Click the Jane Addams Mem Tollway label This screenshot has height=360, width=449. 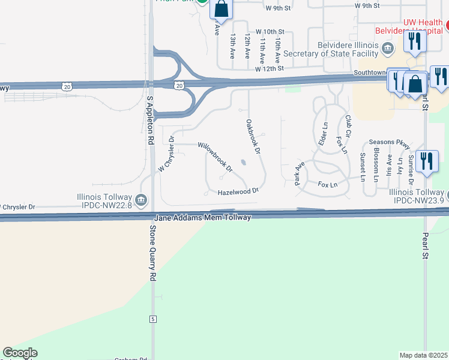(202, 217)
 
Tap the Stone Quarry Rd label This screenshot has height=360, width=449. (152, 253)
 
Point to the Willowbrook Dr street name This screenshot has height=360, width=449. (215, 157)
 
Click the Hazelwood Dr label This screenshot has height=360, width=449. (238, 191)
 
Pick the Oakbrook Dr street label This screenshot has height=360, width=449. (253, 137)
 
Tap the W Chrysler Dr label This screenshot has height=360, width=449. (166, 155)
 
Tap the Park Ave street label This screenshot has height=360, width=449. (300, 173)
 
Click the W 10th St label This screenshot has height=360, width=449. (269, 31)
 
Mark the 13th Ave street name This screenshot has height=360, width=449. (232, 46)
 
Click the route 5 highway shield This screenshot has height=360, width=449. (153, 319)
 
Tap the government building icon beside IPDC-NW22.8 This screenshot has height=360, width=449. (140, 199)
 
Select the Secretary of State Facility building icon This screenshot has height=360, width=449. (388, 48)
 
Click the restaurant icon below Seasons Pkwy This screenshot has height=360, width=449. (426, 161)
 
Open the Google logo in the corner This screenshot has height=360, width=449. (20, 353)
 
